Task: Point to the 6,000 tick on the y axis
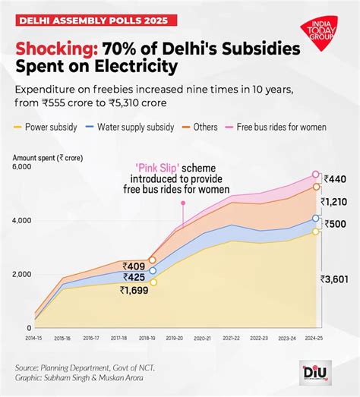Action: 22,166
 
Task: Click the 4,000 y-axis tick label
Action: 22,221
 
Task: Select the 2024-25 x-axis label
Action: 314,337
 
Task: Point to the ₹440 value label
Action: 336,179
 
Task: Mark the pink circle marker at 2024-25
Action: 316,175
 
